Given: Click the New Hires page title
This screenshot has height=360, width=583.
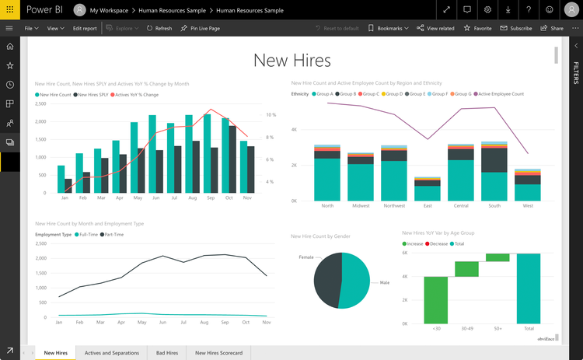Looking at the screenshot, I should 291,60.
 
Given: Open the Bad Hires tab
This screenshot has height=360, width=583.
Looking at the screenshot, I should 166,353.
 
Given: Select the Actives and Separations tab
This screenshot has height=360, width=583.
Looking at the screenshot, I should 111,353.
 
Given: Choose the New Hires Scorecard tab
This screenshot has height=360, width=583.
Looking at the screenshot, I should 218,353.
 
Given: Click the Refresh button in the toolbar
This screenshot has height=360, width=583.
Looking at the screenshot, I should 159,28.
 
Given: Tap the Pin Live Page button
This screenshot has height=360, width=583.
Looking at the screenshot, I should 200,28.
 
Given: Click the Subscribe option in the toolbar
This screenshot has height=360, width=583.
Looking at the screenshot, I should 516,28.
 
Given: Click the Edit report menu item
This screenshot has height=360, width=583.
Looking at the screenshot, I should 85,28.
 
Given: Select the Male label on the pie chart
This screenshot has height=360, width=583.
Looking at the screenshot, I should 383,283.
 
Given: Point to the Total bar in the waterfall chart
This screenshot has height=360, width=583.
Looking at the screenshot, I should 529,288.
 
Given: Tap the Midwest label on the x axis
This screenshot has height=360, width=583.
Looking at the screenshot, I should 360,206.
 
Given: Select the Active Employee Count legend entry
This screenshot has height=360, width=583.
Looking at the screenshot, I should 501,94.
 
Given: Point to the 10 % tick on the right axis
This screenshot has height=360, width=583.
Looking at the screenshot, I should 271,114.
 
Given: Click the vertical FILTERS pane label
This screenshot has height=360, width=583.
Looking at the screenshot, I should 576,75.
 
